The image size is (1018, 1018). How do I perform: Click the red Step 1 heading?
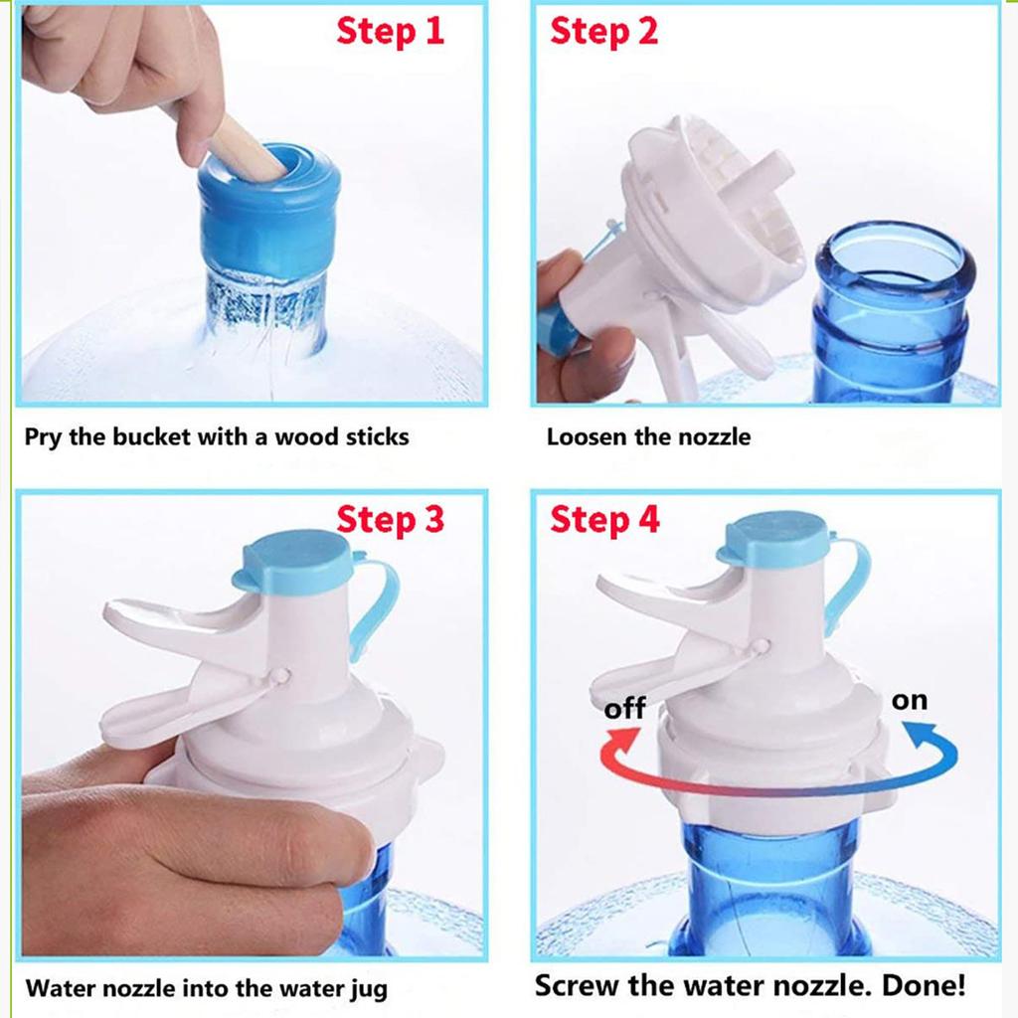(390, 31)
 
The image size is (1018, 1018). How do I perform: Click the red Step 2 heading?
(603, 31)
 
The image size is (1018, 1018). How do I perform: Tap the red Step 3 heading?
(390, 519)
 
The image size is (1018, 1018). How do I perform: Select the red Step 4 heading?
(604, 519)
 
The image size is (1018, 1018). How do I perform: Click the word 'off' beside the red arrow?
(624, 708)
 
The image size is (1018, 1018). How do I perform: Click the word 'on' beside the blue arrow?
(909, 700)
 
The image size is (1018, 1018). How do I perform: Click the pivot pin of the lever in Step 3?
(282, 675)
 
